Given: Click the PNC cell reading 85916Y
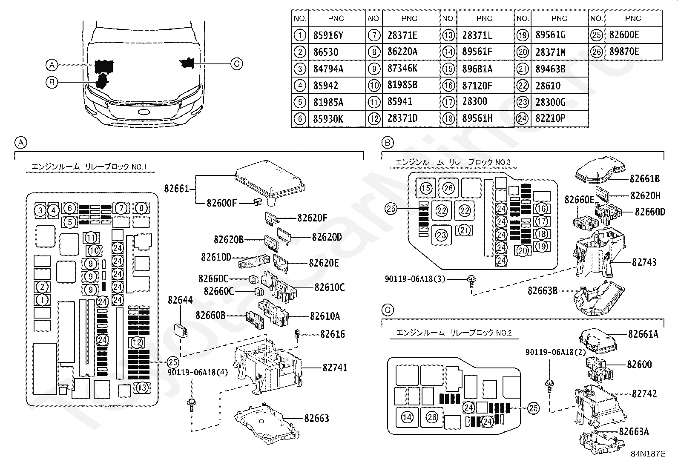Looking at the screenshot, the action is (328, 35).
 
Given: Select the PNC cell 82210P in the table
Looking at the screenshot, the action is (550, 118).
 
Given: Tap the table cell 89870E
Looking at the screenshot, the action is (624, 52).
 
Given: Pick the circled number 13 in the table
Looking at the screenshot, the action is (448, 35).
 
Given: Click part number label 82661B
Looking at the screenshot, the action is (645, 179).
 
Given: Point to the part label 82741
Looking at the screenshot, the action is (335, 368).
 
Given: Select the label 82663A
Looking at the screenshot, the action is (634, 432).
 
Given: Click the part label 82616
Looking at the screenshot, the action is (332, 334).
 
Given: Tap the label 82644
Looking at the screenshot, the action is (180, 300).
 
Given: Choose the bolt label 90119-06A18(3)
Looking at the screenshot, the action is (415, 279).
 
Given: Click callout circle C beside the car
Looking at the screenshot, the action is (237, 64).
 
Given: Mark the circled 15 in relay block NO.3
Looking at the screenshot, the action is (425, 188).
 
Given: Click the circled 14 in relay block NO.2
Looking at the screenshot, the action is (407, 417).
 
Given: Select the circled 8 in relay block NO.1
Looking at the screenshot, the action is (141, 208).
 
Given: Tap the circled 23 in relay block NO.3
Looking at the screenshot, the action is (441, 235).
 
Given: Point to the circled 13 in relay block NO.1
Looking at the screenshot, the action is (142, 388).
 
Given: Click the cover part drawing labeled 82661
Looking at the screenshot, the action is (270, 182).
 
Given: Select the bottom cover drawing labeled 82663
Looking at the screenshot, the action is (266, 424).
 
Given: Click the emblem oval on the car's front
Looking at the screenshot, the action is (144, 112).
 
